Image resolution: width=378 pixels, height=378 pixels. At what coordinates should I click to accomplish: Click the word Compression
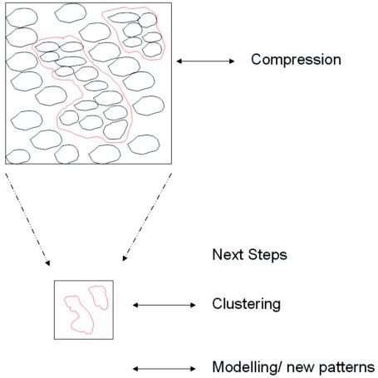[296, 60]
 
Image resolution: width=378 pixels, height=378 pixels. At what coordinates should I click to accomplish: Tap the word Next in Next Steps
[227, 255]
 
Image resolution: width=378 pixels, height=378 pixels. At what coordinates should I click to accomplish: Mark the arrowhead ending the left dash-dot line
[48, 263]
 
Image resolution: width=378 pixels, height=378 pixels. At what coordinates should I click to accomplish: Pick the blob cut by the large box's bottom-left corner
[17, 156]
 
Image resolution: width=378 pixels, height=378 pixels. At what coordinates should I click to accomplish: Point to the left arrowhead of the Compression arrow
[179, 61]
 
